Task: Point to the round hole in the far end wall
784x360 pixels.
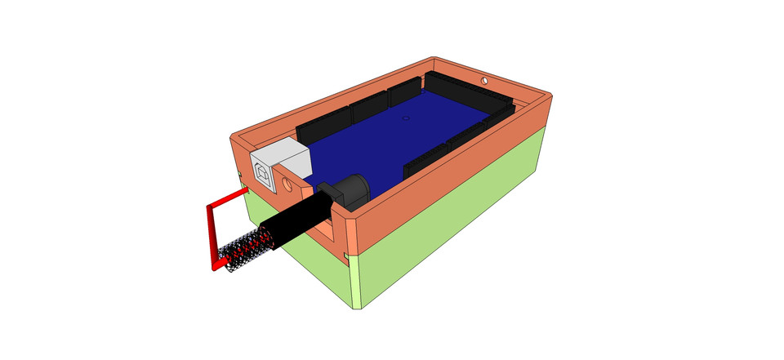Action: click(486, 82)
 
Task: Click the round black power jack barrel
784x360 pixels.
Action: click(352, 192)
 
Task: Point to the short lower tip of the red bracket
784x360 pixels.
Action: click(221, 264)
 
